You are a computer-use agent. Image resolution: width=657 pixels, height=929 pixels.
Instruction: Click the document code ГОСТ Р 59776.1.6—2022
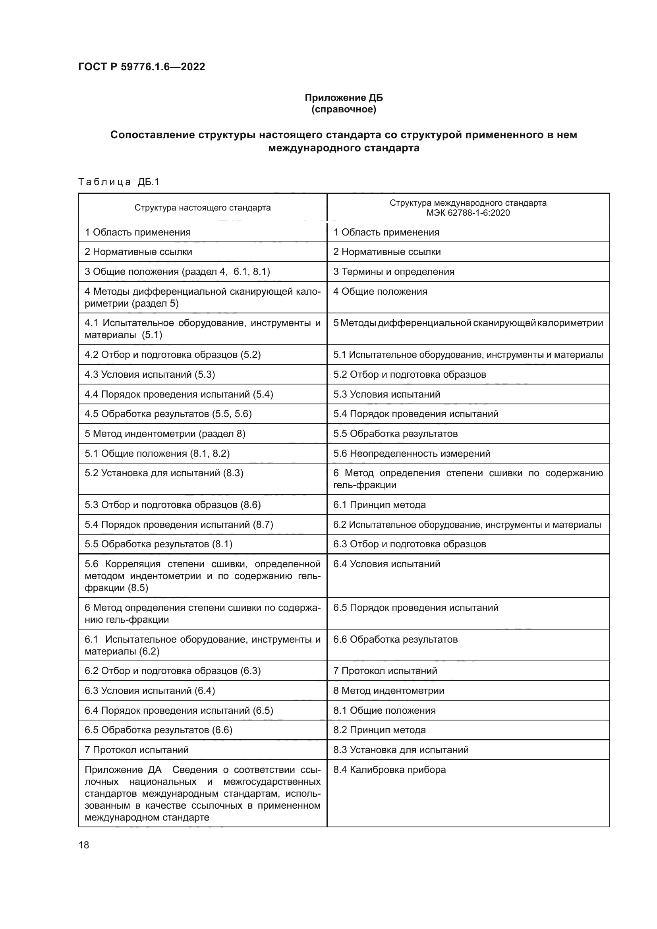[141, 67]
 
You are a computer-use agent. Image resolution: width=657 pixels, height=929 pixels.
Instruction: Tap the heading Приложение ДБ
[344, 98]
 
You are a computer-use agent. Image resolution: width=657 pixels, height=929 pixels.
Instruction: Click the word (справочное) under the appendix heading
[344, 109]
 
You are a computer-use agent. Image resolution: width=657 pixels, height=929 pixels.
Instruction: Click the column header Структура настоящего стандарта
[202, 208]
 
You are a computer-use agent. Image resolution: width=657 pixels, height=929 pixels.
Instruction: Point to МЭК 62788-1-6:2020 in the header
[468, 213]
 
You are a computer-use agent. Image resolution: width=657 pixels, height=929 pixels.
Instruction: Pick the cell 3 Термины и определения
[394, 272]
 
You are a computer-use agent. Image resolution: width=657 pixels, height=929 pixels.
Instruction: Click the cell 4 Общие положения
[380, 291]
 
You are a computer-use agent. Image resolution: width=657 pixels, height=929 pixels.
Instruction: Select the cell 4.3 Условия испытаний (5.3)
[150, 374]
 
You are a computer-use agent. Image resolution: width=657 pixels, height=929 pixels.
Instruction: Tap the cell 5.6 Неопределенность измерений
[412, 454]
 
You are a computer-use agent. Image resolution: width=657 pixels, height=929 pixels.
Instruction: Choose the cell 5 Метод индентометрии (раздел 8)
[165, 434]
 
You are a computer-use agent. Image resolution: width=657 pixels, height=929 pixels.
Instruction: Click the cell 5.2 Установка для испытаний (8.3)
[164, 473]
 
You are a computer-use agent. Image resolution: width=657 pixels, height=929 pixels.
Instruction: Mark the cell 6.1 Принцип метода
[379, 505]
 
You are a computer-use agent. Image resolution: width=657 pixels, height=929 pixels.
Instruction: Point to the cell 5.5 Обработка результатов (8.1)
[158, 544]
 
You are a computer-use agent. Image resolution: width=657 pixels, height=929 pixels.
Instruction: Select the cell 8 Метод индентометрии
[388, 691]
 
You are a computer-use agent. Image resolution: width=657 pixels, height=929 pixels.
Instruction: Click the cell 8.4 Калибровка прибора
[389, 770]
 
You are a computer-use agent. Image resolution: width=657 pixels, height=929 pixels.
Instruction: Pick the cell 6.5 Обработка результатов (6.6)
[158, 730]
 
